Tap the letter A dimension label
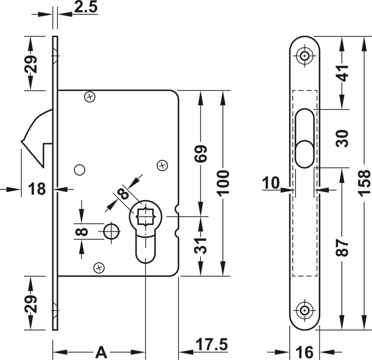(x=101, y=352)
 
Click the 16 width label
(x=305, y=352)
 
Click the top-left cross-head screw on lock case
(x=90, y=97)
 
